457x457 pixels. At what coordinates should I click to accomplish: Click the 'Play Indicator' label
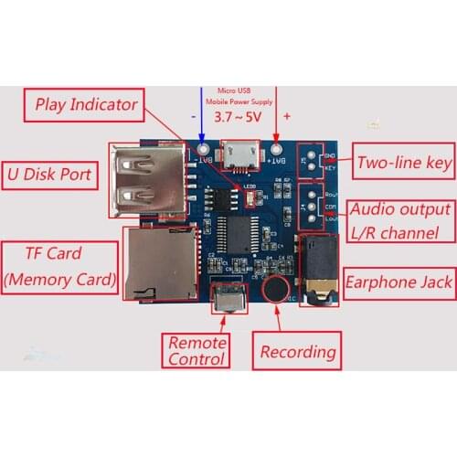[86, 103]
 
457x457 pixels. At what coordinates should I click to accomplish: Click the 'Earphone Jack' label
[399, 282]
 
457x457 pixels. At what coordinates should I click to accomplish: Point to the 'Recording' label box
[298, 351]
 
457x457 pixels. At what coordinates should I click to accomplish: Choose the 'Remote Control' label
[197, 349]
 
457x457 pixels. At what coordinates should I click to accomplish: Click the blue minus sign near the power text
[194, 118]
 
